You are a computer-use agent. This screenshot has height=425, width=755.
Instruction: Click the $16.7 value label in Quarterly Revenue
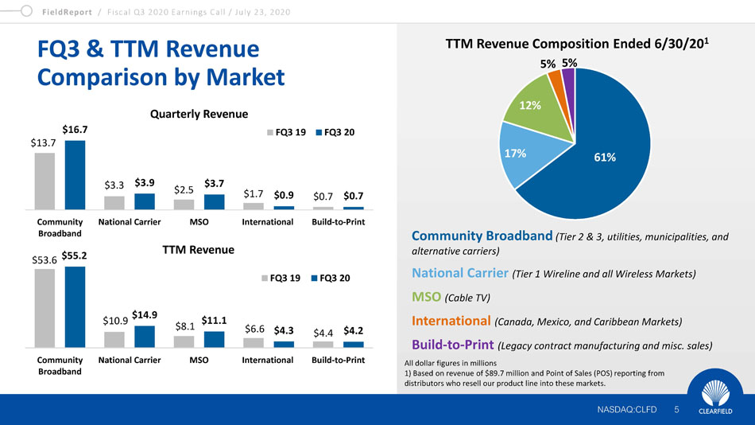75,129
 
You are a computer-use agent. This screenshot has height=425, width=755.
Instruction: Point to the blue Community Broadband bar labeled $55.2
75,306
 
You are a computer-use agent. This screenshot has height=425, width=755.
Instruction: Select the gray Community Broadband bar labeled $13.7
45,181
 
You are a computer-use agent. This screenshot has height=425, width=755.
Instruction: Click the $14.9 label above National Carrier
145,314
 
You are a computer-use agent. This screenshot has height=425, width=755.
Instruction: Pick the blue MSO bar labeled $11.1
214,339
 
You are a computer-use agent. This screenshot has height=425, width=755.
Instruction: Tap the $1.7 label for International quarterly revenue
254,193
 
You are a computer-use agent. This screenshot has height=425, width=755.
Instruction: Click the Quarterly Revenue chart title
199,114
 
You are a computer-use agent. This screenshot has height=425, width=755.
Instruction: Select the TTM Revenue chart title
199,249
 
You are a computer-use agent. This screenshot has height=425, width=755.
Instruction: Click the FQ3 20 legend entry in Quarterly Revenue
335,132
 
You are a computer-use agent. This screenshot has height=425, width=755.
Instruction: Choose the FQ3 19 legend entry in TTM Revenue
281,278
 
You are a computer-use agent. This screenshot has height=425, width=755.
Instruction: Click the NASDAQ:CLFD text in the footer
627,410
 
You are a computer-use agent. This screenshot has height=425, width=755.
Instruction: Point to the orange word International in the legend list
451,321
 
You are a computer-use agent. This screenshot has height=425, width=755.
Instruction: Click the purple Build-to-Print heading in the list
453,345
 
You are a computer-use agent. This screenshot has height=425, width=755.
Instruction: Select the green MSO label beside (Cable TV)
426,296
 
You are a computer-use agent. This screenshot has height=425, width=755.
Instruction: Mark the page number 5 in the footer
676,410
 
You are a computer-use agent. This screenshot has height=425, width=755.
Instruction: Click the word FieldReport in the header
67,12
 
